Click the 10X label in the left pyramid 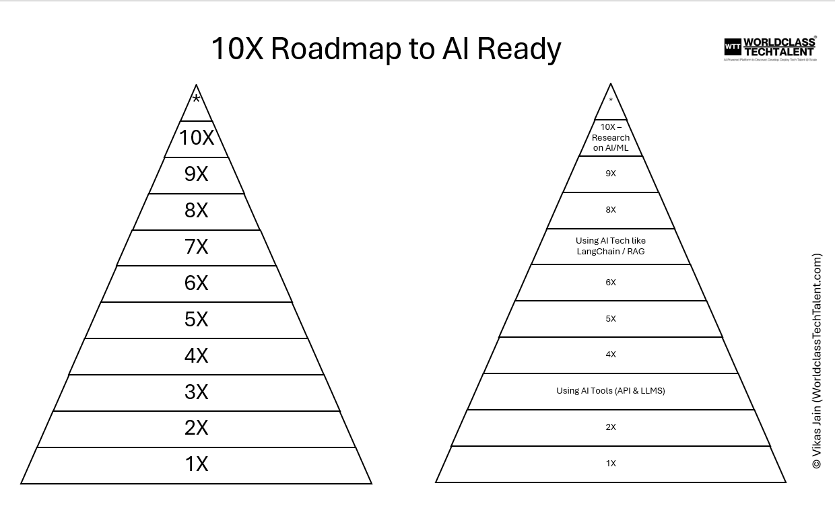click(196, 137)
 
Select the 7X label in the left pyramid click(196, 246)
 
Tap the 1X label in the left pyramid click(196, 464)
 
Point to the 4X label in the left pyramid click(196, 355)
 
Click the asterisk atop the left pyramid click(196, 100)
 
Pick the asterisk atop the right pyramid click(611, 101)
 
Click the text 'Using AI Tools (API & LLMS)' click(610, 390)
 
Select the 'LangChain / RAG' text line click(610, 252)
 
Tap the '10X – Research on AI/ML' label click(611, 137)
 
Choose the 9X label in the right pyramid click(611, 174)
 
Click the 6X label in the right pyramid click(611, 283)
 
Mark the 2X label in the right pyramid click(611, 427)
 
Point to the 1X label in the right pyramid click(611, 464)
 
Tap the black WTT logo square click(732, 47)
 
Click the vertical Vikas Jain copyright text click(817, 361)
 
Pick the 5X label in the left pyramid click(196, 319)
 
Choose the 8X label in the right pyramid click(611, 210)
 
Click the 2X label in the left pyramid click(196, 427)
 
